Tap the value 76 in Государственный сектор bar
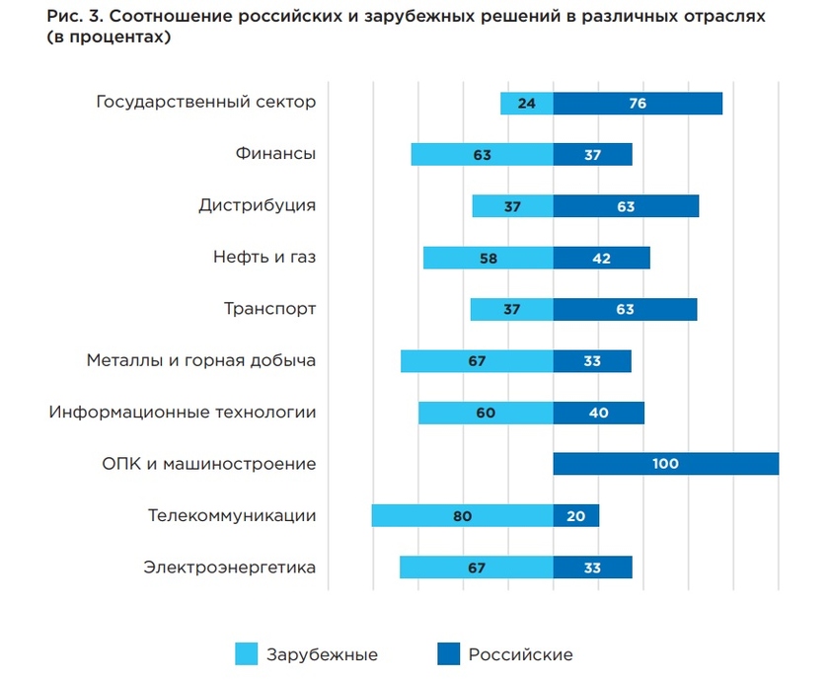[x=638, y=103]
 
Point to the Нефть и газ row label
[x=264, y=258]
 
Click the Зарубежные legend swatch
[x=246, y=653]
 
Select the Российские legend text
[x=520, y=654]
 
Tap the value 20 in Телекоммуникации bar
[x=575, y=515]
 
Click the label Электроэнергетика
[x=229, y=567]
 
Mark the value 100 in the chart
[x=665, y=464]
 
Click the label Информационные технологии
[x=183, y=412]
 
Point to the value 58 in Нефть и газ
[x=488, y=258]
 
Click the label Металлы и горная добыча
[x=201, y=360]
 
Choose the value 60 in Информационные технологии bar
[x=485, y=413]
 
